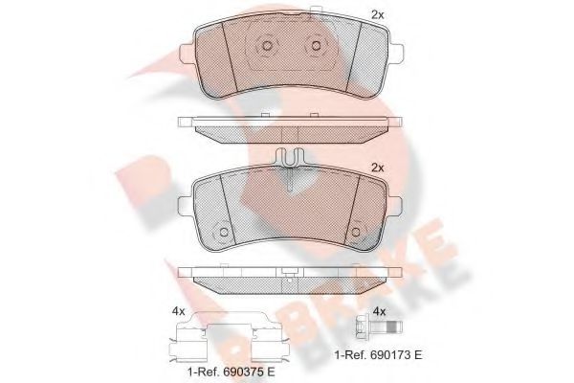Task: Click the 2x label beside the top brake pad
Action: click(x=378, y=15)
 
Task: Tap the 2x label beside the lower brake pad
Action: click(x=378, y=168)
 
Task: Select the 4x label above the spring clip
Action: click(x=178, y=312)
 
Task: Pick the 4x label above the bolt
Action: click(x=379, y=312)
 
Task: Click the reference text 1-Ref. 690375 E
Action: click(x=231, y=372)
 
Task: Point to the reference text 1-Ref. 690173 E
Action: click(x=379, y=355)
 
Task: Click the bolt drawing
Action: click(x=379, y=327)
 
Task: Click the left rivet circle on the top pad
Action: click(x=267, y=46)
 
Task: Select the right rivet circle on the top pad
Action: click(x=316, y=46)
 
